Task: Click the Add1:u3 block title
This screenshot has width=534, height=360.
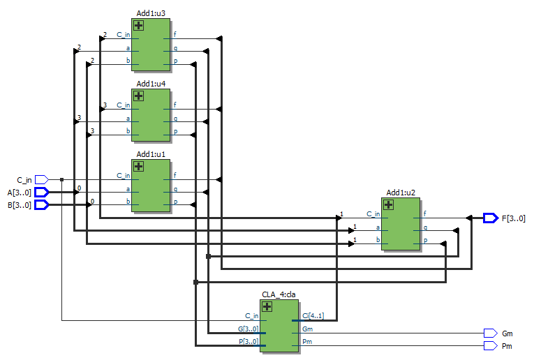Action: click(151, 13)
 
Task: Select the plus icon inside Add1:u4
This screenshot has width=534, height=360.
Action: click(138, 96)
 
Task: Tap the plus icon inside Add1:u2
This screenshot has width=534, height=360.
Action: click(388, 205)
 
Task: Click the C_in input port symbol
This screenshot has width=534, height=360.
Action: click(42, 180)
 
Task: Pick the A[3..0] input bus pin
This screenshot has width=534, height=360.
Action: click(42, 193)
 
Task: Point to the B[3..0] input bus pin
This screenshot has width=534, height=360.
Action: click(42, 205)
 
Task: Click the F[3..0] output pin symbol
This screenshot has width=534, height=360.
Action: click(491, 218)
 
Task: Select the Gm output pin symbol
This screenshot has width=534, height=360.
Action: click(491, 333)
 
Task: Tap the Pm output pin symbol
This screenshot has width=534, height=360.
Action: click(491, 346)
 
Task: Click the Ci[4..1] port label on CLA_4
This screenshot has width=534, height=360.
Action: click(313, 316)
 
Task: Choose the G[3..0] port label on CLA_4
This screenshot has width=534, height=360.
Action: click(249, 329)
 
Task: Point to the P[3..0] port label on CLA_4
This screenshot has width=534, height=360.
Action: click(249, 342)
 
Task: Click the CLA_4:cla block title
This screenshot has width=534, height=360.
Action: click(279, 294)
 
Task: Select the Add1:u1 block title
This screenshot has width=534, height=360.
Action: click(151, 154)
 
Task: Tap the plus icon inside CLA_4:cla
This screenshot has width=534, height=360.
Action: click(267, 307)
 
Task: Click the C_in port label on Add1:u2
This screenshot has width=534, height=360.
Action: click(373, 214)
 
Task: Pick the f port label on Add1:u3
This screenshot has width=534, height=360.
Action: click(175, 34)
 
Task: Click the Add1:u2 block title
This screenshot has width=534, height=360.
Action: click(401, 193)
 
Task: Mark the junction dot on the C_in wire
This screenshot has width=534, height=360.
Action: click(61, 180)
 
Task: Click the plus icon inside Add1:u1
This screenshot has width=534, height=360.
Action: click(138, 166)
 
